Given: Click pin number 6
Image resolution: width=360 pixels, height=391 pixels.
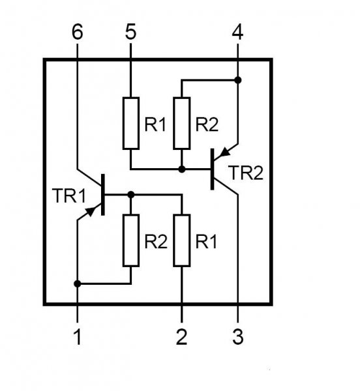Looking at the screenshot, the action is (x=77, y=32).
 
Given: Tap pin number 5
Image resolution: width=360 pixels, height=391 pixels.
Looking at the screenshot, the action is (x=130, y=32).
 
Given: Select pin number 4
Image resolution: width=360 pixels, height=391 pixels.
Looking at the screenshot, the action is (x=237, y=32).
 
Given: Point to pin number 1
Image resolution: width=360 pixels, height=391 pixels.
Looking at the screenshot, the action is (x=78, y=337).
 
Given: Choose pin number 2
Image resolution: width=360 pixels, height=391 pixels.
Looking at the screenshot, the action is (x=181, y=337).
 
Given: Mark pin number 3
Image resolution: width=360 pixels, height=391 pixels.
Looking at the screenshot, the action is (x=238, y=337).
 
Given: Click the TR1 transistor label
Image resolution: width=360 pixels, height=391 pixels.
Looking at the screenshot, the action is (x=69, y=195).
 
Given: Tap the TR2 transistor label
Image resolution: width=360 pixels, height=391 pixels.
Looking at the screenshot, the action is (x=246, y=173).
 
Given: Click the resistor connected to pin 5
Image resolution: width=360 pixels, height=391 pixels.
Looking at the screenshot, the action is (x=131, y=123).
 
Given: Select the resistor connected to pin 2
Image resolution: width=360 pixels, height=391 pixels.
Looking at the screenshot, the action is (x=182, y=240).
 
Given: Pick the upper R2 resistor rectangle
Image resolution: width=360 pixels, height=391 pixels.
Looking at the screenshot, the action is (x=182, y=123).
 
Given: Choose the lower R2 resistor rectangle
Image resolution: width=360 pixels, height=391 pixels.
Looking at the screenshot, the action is (x=131, y=240).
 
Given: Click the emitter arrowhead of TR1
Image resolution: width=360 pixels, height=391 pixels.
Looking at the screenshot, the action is (x=91, y=211).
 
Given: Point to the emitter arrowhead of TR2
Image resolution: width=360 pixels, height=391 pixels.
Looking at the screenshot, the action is (x=225, y=152).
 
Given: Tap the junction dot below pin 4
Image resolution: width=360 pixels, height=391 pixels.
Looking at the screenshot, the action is (x=238, y=80).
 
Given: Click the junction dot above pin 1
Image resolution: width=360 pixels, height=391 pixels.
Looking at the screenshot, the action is (x=78, y=283).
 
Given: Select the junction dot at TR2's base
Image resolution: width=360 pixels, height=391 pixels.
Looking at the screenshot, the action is (x=182, y=169).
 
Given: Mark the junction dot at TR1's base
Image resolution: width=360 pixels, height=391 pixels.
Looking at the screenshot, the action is (x=131, y=194).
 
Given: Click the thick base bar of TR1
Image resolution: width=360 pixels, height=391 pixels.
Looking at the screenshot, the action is (x=103, y=194).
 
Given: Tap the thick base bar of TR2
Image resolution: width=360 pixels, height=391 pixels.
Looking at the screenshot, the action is (x=213, y=169).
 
